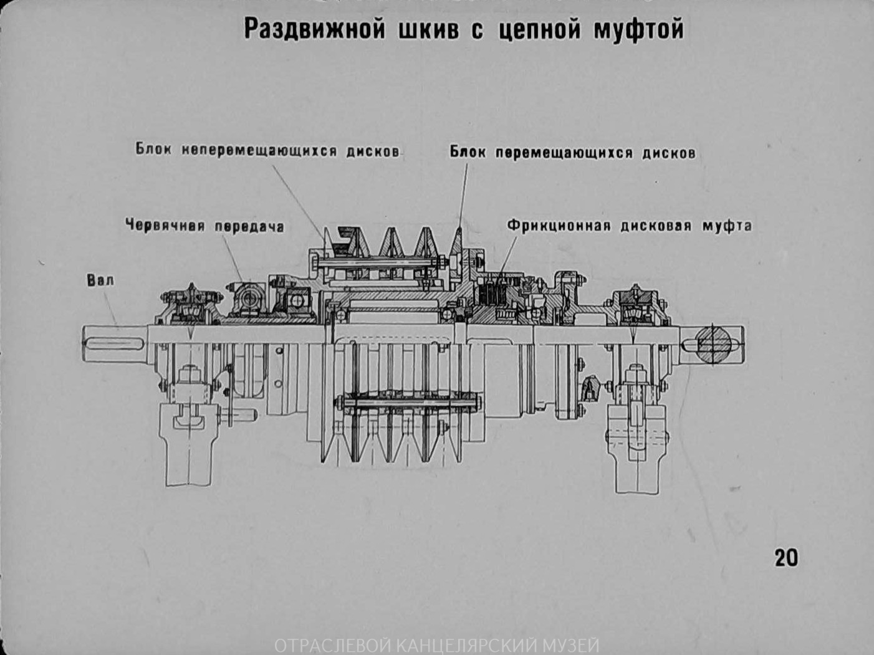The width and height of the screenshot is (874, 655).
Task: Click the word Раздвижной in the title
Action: pos(314,29)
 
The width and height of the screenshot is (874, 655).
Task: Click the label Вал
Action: pos(100,280)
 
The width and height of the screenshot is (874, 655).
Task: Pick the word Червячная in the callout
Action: pos(165,225)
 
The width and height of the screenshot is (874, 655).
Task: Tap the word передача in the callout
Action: pos(249,226)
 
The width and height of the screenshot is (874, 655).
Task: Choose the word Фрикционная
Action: pos(558,225)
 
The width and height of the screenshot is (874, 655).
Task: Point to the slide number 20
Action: pos(785,557)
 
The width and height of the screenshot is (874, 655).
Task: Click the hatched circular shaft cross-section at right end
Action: pos(713,344)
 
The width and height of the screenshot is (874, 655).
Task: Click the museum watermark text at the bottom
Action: pos(436,645)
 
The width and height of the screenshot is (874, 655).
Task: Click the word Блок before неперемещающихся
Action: pos(153,150)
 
